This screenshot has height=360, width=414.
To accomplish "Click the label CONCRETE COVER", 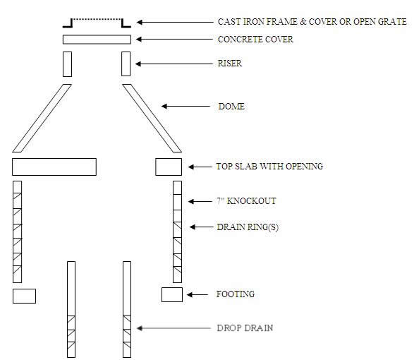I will click(255, 40).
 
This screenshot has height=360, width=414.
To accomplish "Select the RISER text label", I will click(229, 64).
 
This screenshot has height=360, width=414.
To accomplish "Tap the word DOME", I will click(231, 107).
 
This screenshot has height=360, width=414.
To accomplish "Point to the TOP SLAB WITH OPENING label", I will click(269, 167).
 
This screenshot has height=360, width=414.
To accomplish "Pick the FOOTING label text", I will click(235, 294).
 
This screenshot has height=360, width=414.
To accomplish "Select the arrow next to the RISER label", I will click(149, 64).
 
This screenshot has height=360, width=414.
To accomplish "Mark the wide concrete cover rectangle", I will click(97, 40).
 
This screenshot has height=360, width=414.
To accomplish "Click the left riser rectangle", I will click(67, 64).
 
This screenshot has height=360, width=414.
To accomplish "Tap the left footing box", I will click(24, 296).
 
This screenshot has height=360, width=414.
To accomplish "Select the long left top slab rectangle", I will click(54, 167).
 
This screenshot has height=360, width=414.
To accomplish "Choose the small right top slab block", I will click(169, 167).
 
